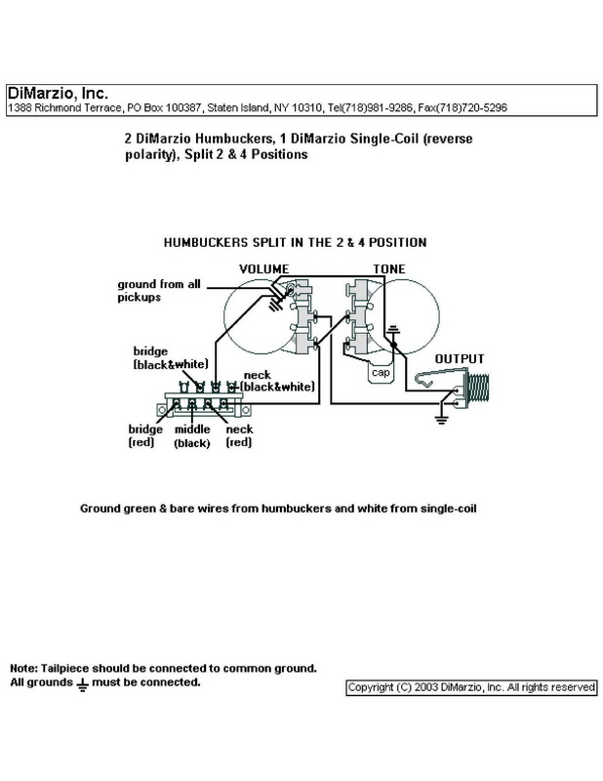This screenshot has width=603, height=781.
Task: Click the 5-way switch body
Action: pyautogui.click(x=200, y=402)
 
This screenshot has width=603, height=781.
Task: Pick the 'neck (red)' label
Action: pyautogui.click(x=240, y=435)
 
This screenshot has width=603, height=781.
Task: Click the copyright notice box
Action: pyautogui.click(x=470, y=687)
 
